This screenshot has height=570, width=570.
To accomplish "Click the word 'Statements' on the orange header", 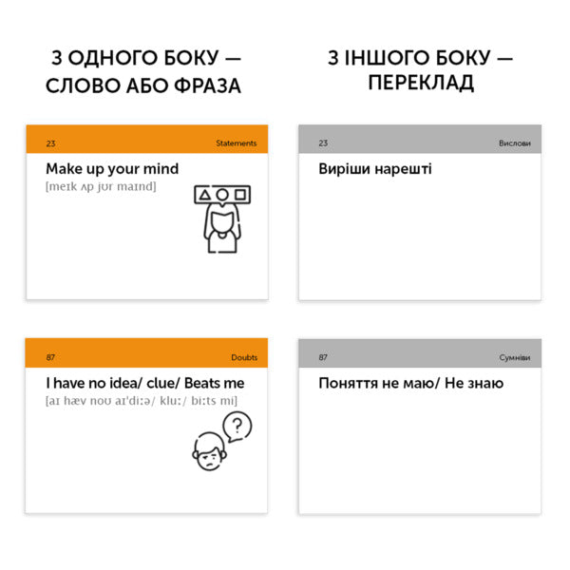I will click(236, 143).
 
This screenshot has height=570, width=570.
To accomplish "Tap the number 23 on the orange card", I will click(50, 143).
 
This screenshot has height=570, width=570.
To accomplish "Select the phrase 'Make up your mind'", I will click(112, 169).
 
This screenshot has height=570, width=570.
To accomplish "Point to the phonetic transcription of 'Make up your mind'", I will click(101, 186).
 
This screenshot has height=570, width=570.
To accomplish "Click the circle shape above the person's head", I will click(221, 196).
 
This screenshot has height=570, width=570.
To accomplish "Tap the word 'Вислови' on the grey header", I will click(515, 143).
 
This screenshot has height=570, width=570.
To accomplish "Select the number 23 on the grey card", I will click(323, 143).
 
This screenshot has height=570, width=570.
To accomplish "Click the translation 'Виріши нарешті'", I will click(374, 169).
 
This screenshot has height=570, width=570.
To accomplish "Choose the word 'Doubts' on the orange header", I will click(244, 357).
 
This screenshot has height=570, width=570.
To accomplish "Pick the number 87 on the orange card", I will click(50, 357).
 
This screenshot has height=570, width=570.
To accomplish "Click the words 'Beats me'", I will click(215, 383).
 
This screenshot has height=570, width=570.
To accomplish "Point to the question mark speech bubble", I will click(237, 426).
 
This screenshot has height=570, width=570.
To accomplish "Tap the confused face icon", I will click(209, 452).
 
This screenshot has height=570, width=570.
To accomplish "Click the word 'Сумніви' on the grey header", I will click(514, 357).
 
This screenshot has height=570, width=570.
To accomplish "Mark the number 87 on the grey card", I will click(323, 357).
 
